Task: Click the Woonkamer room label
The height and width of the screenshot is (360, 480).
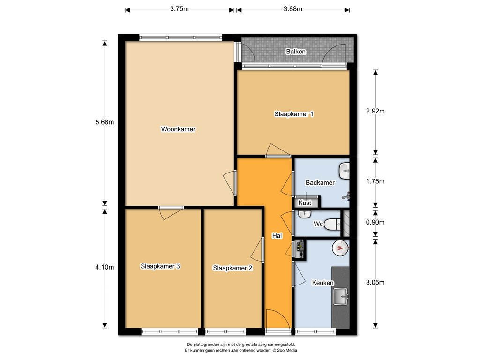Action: tap(178, 129)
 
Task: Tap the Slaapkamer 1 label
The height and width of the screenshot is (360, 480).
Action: tap(294, 114)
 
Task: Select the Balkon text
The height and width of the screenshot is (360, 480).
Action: tap(296, 52)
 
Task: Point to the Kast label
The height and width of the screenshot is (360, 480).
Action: tap(305, 202)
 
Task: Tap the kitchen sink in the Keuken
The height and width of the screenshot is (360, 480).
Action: tap(341, 296)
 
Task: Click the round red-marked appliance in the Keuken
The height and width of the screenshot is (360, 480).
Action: tap(340, 247)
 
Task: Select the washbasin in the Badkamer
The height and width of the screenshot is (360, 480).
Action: tap(345, 171)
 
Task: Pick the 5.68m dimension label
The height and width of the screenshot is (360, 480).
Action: tap(105, 122)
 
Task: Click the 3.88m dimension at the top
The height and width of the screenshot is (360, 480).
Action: tap(293, 9)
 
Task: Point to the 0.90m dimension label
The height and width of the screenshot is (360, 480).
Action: tap(375, 222)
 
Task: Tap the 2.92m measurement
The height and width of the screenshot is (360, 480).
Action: tap(375, 111)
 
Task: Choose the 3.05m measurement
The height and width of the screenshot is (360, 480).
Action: tap(375, 282)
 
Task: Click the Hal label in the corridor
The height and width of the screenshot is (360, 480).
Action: tap(277, 236)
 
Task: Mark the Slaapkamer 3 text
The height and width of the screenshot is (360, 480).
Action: tap(160, 266)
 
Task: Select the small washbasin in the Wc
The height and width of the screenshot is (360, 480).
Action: tap(305, 214)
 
